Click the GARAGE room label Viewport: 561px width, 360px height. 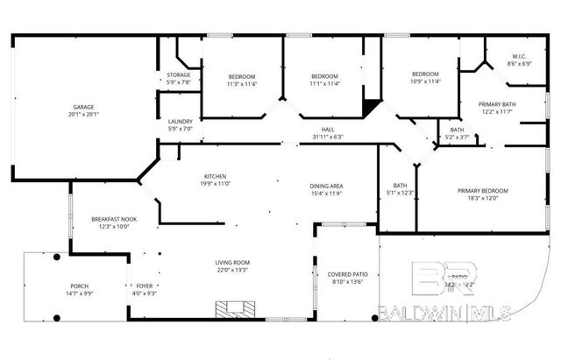pos(83,107)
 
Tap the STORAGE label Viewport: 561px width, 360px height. pos(179,75)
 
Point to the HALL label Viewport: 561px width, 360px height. pos(327,130)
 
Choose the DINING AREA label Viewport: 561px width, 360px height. pos(326,186)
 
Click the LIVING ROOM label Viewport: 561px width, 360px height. pos(233,263)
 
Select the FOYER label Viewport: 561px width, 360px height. pos(144,286)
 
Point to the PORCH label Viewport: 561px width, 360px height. pos(80,286)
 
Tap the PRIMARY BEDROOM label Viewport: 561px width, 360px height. pos(482,191)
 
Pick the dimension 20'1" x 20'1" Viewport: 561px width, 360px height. pos(83,114)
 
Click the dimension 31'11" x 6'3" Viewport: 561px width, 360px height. pos(327,137)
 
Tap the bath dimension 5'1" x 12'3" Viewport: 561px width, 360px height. pos(401,192)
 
